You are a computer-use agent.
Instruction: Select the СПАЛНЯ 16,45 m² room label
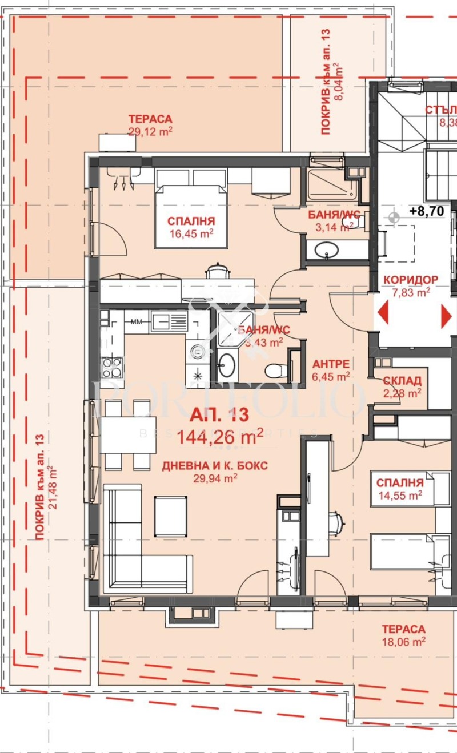coord(191,227)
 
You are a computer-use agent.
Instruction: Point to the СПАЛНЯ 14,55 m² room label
coord(399,488)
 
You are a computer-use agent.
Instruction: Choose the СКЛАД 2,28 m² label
coord(402,386)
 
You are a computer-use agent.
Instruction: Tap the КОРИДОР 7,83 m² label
coord(411,285)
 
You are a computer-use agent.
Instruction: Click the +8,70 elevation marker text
coord(426,211)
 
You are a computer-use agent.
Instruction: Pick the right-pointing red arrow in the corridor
coord(446,316)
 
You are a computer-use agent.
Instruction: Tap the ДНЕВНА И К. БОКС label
coord(215,472)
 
